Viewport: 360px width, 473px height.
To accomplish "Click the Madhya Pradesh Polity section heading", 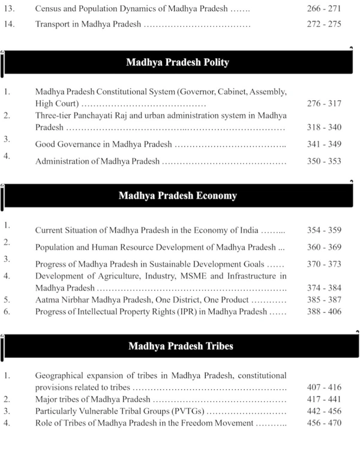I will (x=178, y=62).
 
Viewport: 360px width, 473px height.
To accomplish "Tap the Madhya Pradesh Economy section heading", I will (x=178, y=195).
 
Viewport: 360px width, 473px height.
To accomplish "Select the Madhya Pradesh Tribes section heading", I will (x=178, y=346).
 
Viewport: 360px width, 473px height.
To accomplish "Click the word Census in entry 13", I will (x=50, y=11).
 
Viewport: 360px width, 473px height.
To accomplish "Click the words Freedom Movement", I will (x=218, y=424).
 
